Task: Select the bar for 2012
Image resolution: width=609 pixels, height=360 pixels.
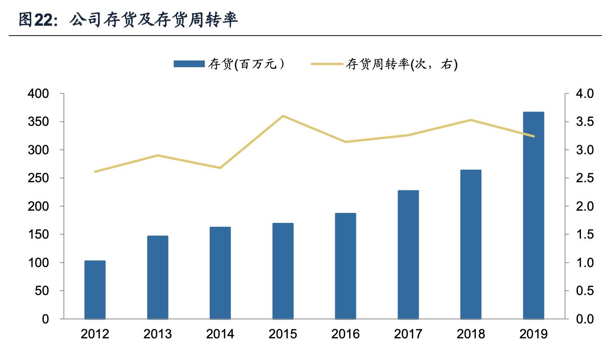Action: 95,290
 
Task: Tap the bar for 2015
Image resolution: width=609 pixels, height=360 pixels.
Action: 283,271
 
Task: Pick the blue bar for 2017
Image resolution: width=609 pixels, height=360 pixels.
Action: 408,255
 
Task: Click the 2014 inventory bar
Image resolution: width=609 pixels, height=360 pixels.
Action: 220,273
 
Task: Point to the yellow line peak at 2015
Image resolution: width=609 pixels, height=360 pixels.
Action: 283,116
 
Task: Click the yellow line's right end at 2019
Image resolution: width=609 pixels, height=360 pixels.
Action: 534,136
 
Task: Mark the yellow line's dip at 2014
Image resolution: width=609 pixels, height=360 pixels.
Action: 220,168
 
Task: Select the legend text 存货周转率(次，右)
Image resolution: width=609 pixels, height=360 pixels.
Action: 401,65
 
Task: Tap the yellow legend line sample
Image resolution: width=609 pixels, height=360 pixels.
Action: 327,65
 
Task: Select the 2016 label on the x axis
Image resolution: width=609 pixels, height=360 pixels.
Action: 346,334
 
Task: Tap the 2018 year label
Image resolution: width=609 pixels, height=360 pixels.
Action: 471,334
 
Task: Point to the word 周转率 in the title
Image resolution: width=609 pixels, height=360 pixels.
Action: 212,20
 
